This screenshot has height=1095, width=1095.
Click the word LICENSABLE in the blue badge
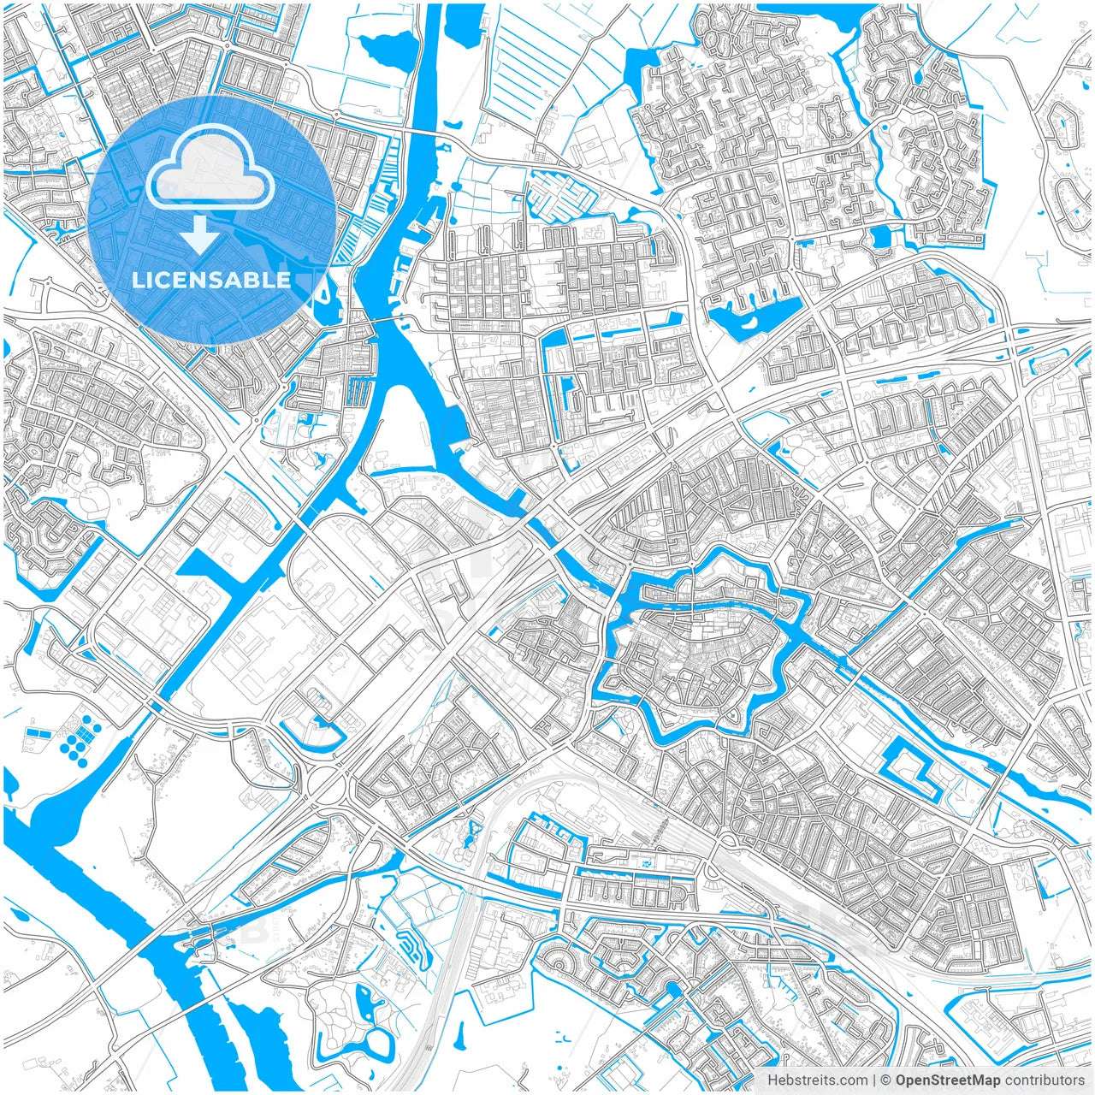211,280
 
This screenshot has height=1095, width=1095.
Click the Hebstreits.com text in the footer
817,1080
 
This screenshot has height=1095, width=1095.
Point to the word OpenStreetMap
948,1080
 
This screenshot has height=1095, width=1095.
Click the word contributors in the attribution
1045,1080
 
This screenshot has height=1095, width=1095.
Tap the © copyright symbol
885,1080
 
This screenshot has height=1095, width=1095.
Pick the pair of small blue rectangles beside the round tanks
38,734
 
